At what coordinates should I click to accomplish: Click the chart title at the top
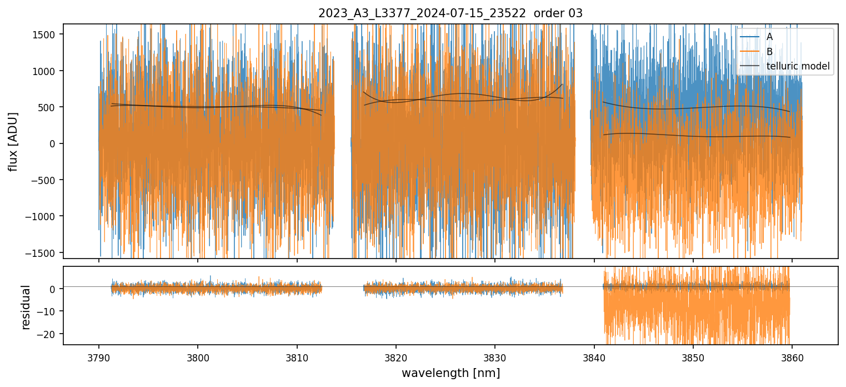click(x=450, y=13)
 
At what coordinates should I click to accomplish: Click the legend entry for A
click(x=769, y=37)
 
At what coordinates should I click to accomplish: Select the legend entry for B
click(x=769, y=52)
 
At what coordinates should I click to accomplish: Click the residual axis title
click(x=26, y=307)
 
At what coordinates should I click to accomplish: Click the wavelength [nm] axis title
click(x=450, y=373)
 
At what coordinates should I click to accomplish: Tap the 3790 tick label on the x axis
click(x=99, y=357)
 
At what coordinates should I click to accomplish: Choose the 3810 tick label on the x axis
click(x=297, y=357)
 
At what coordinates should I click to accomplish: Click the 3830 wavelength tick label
click(x=495, y=357)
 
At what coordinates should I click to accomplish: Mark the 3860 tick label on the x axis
click(x=792, y=357)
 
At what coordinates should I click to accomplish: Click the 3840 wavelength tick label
click(x=594, y=357)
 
